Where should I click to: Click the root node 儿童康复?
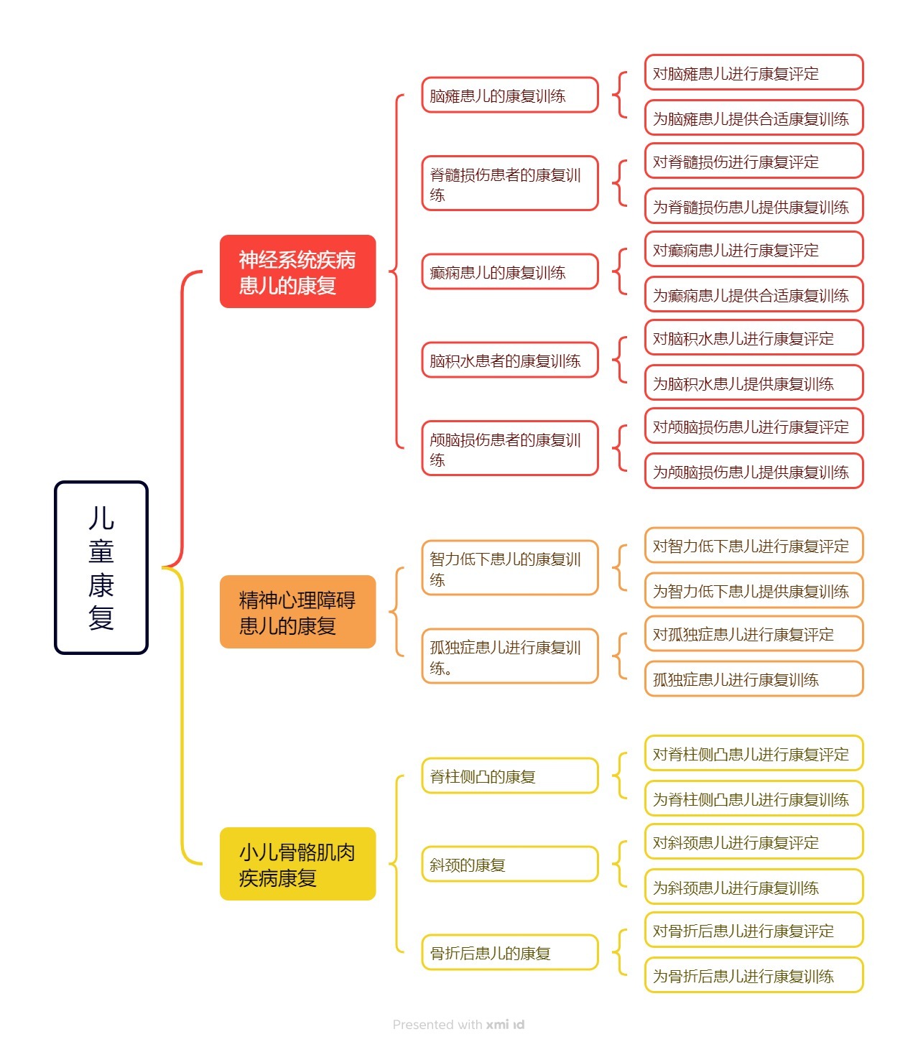(x=101, y=567)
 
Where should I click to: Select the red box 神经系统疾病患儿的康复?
(x=297, y=271)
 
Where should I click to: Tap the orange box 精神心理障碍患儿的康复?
(x=297, y=612)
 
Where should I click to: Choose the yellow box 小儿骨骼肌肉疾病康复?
(x=297, y=864)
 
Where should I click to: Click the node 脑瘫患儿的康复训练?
(x=510, y=96)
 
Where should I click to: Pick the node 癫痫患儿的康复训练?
(x=510, y=272)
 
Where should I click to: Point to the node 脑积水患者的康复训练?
(x=510, y=360)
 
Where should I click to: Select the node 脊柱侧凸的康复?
(x=510, y=776)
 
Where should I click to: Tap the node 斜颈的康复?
(x=510, y=864)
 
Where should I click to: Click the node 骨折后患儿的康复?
(x=510, y=952)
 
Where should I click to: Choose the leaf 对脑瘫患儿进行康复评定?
(x=754, y=73)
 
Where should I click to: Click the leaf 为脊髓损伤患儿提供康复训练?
(x=754, y=207)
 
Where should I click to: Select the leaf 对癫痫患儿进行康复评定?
(x=754, y=250)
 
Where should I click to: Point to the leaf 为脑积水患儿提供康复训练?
(x=754, y=383)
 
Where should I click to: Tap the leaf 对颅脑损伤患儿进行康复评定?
(x=754, y=427)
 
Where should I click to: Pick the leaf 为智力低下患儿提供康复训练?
(x=754, y=591)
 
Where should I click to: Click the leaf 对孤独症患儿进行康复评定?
(x=754, y=634)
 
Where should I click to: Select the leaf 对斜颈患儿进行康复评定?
(x=754, y=842)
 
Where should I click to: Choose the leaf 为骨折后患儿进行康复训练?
(x=754, y=976)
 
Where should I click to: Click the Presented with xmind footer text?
(x=458, y=1025)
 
